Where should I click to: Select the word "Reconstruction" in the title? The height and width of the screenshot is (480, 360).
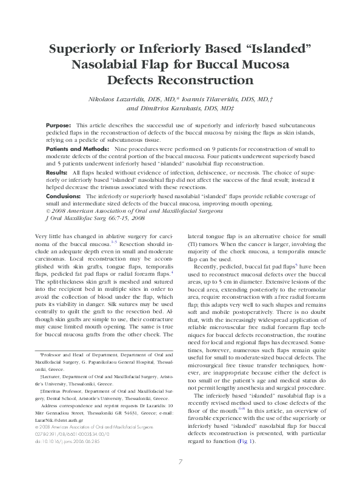pyautogui.click(x=179, y=79)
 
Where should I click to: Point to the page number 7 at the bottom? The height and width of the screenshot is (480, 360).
pyautogui.click(x=180, y=462)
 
